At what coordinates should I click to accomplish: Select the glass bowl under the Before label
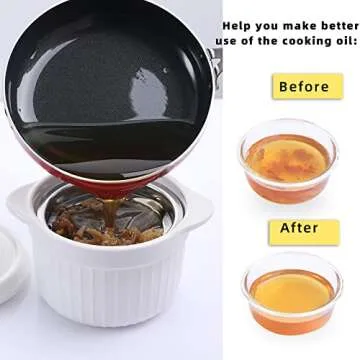(x=288, y=160)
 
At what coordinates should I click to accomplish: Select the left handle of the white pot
(x=24, y=204)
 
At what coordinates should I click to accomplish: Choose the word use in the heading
(x=227, y=41)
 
